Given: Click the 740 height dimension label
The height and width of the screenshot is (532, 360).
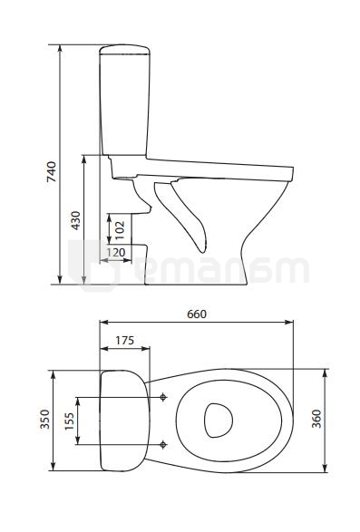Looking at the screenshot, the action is coord(52,171).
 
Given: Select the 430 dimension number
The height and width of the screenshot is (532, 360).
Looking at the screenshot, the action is coord(76,220).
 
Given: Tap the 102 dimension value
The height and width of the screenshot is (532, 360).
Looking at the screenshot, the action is coord(120,230).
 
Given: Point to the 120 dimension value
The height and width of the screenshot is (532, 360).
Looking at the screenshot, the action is coord(116,253).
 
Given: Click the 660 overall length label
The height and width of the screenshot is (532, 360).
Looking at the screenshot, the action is coord(197,314).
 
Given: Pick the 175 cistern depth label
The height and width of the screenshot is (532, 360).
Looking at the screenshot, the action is coord(124,340).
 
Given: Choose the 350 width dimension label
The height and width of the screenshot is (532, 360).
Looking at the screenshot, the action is coord(44,420).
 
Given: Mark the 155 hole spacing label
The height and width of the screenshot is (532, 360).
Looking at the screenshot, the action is coord(69,421).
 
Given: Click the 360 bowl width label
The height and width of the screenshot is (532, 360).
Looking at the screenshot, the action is coord(316,419).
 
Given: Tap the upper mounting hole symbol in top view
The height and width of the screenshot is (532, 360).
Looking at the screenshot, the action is coord(163,397).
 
